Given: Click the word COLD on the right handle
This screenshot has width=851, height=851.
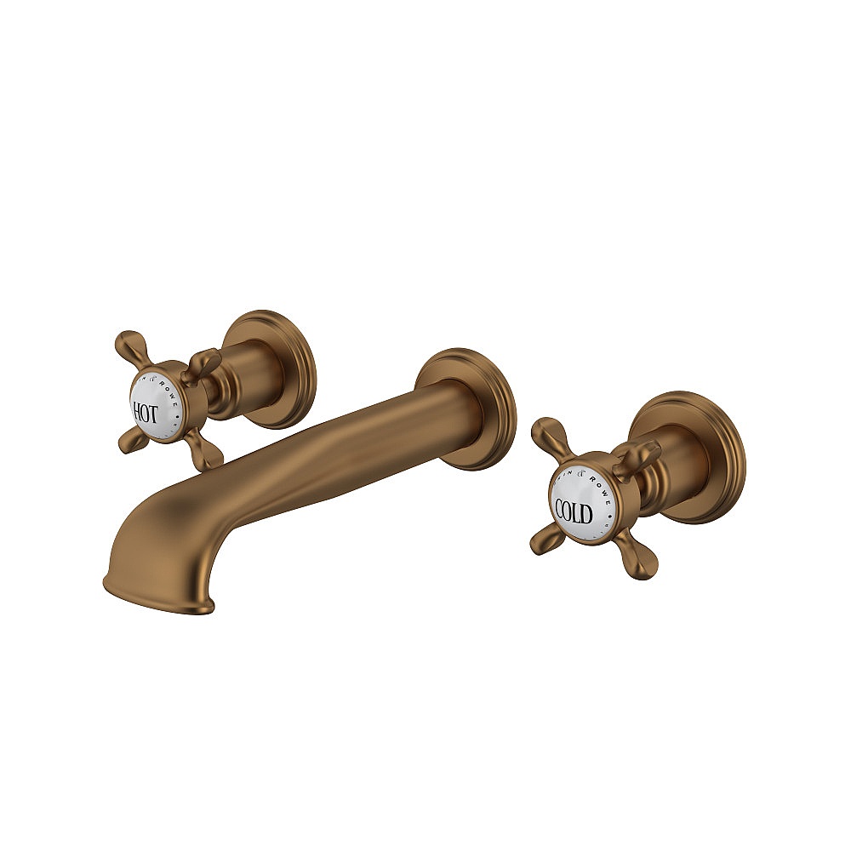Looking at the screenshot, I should [574, 511].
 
